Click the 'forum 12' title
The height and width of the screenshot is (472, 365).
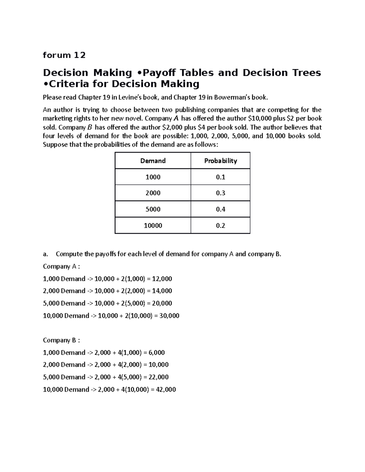point(64,55)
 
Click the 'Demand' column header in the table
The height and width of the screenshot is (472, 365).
point(153,161)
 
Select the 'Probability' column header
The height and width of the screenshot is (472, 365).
point(221,161)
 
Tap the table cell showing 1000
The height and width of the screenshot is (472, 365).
point(153,177)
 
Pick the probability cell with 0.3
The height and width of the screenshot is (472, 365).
point(221,193)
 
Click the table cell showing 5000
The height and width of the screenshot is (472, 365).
point(153,209)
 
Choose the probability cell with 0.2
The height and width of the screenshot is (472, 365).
point(221,226)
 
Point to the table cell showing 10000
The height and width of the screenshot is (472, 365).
point(153,226)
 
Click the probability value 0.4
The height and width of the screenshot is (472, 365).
point(221,209)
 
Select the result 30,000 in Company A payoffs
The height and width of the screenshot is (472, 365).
point(169,316)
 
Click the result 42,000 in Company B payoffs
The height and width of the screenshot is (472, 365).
point(166,389)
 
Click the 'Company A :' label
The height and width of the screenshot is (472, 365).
point(61,267)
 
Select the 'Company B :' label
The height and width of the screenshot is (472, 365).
point(61,340)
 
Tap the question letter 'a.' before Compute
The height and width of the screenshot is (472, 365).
point(46,254)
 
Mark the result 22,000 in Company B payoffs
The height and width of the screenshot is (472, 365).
point(158,377)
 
